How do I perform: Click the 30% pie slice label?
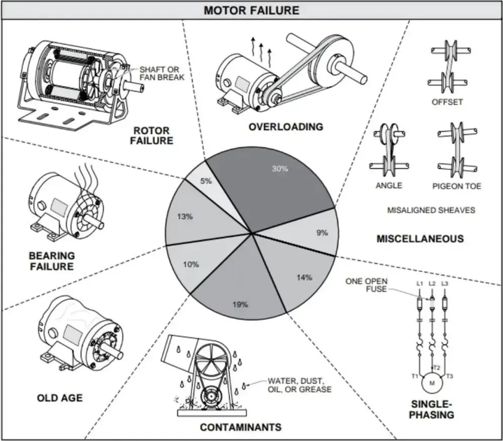[280, 168]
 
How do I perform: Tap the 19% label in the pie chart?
[240, 304]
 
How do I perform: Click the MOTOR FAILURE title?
[251, 10]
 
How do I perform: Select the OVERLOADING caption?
[286, 126]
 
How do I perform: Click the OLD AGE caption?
[59, 398]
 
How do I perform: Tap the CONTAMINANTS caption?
[240, 427]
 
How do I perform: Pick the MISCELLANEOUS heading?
[420, 238]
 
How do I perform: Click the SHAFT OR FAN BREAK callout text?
[161, 73]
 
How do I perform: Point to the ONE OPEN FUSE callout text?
[366, 285]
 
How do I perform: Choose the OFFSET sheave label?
[447, 102]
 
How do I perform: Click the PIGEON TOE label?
[456, 186]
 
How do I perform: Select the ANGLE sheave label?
[389, 185]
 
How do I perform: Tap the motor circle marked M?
[432, 383]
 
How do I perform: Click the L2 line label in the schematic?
[432, 284]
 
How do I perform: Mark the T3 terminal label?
[449, 376]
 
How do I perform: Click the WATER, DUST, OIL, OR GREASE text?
[299, 385]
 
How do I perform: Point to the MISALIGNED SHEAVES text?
[431, 210]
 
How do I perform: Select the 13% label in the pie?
[184, 217]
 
